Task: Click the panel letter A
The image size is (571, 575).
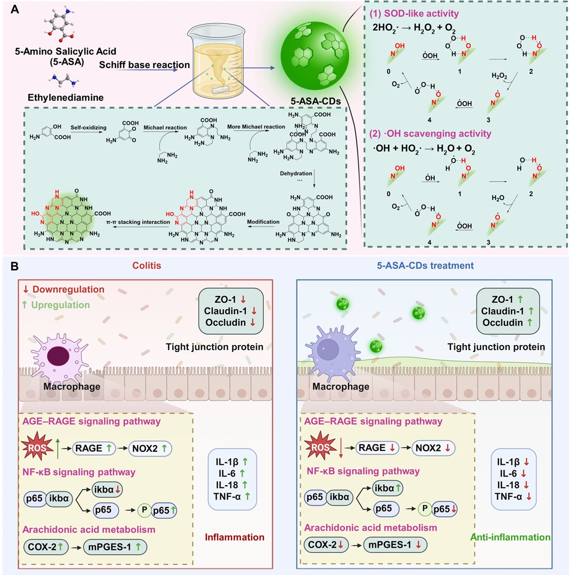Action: pos(15,9)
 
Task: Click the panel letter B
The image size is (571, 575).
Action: pos(14,266)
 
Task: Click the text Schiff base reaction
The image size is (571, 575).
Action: pos(144,65)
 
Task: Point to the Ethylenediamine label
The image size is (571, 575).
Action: pos(65,97)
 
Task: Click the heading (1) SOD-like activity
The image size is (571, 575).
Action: pos(414,14)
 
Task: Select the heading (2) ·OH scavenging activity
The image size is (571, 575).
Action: pos(430,134)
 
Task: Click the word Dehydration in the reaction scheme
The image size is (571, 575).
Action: pos(296,173)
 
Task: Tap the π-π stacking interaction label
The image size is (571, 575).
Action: pos(138,222)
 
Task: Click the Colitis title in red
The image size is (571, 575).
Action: pos(147,265)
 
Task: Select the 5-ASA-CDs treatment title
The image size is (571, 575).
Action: pos(425,265)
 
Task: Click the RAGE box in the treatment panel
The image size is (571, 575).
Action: pos(376,448)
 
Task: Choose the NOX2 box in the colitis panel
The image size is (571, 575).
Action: pos(149,448)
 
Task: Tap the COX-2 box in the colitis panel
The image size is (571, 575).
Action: pos(45,547)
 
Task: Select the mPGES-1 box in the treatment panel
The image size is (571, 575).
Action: pos(394,545)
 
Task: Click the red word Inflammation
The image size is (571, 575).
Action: pos(234,537)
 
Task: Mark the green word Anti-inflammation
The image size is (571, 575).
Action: pos(510,537)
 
